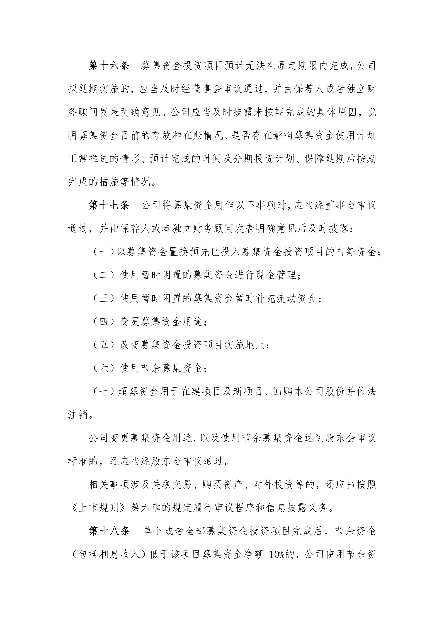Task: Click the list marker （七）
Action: [x=103, y=392]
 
